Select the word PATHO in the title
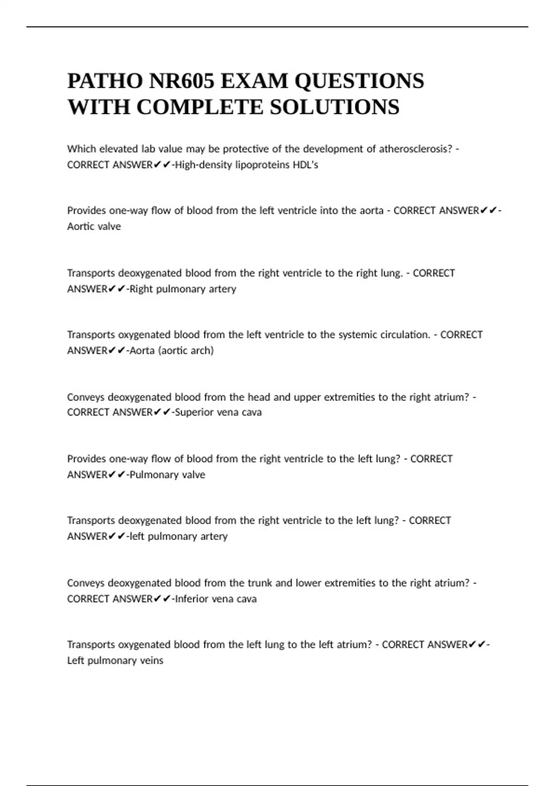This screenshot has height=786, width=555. click(105, 81)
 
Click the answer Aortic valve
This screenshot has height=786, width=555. click(94, 227)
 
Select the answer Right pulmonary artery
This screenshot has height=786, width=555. click(183, 289)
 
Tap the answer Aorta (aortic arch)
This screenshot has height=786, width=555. click(172, 350)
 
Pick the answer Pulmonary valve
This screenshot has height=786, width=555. click(167, 474)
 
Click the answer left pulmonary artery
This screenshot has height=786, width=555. click(179, 536)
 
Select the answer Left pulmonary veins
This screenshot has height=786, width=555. click(115, 660)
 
